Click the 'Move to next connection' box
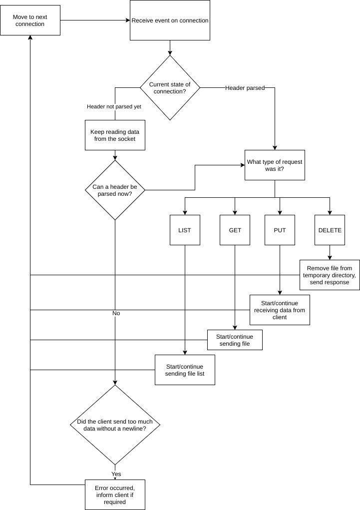pyautogui.click(x=30, y=20)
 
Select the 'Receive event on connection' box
pyautogui.click(x=170, y=20)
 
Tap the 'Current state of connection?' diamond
pyautogui.click(x=170, y=88)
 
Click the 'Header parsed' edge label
pyautogui.click(x=245, y=88)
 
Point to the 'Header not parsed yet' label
pyautogui.click(x=114, y=107)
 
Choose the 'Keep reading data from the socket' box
pyautogui.click(x=115, y=135)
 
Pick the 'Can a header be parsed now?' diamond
pyautogui.click(x=115, y=190)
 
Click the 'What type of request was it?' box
pyautogui.click(x=275, y=165)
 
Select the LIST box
pyautogui.click(x=185, y=230)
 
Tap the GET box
pyautogui.click(x=235, y=230)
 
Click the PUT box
pyautogui.click(x=280, y=230)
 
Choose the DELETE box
pyautogui.click(x=330, y=230)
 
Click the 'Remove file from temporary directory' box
pyautogui.click(x=330, y=275)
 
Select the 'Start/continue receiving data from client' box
pyautogui.click(x=280, y=310)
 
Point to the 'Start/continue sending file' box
pyautogui.click(x=235, y=340)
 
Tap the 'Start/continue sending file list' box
pyautogui.click(x=185, y=370)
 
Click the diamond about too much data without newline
pyautogui.click(x=115, y=425)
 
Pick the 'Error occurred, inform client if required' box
pyautogui.click(x=115, y=495)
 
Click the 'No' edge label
pyautogui.click(x=116, y=313)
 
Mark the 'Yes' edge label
pyautogui.click(x=116, y=474)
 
